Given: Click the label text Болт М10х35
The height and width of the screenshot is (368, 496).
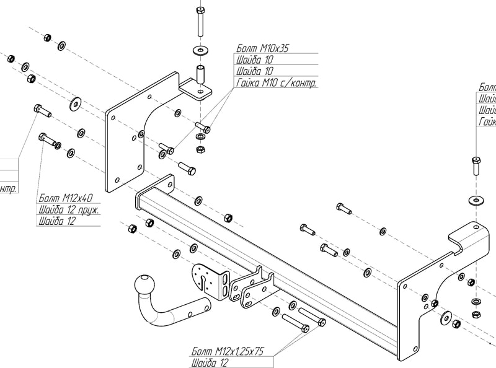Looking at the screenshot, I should [x=262, y=48].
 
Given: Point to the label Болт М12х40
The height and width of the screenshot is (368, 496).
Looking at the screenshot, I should [x=65, y=198].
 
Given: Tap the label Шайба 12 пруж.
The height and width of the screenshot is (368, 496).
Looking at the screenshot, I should [x=69, y=209].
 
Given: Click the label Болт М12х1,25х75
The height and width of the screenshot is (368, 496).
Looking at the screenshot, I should [x=228, y=351].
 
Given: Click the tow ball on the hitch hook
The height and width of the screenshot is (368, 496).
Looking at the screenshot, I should [x=146, y=287].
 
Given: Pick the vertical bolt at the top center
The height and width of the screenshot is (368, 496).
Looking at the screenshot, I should [x=201, y=22].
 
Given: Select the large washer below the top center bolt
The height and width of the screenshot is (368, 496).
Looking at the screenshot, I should [x=201, y=49].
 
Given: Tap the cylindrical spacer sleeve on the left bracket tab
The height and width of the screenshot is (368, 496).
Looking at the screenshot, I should [x=201, y=74].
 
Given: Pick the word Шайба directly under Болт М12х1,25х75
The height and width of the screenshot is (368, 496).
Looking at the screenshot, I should [x=204, y=363].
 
